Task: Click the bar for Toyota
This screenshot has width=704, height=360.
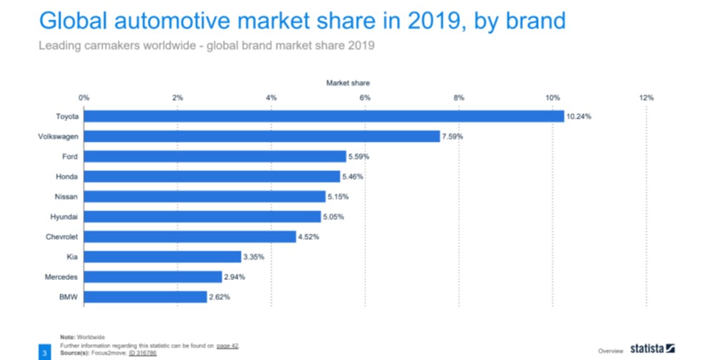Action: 323,117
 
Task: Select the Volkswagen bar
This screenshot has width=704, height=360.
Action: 262,136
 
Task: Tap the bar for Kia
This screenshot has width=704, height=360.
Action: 162,256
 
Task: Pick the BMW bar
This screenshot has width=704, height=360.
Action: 145,296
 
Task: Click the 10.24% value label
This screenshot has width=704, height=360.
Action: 579,117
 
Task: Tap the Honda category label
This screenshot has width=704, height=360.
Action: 67,176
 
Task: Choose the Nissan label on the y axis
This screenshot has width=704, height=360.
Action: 66,196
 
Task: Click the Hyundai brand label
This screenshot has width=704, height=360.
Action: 64,216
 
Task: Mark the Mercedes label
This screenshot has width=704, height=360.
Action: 62,276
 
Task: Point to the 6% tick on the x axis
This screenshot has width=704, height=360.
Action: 365,97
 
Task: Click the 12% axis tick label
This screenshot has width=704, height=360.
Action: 646,97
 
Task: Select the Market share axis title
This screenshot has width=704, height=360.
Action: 348,83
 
